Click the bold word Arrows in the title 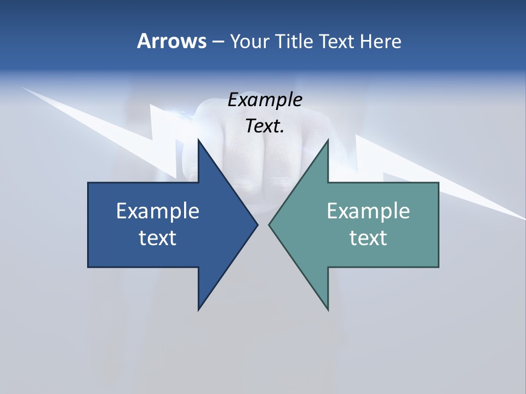pos(171,41)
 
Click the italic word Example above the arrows pos(265,100)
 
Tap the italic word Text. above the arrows pos(265,126)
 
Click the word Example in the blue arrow pos(158,211)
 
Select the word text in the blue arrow pos(158,237)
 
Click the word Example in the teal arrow pos(368,211)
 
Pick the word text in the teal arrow pos(368,237)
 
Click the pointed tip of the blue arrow pos(258,224)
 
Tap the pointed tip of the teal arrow pos(269,224)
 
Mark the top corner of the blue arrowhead pos(198,140)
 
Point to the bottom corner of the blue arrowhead pos(198,310)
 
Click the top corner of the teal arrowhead pos(328,140)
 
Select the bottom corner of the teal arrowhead pos(328,310)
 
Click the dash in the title pos(218,42)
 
